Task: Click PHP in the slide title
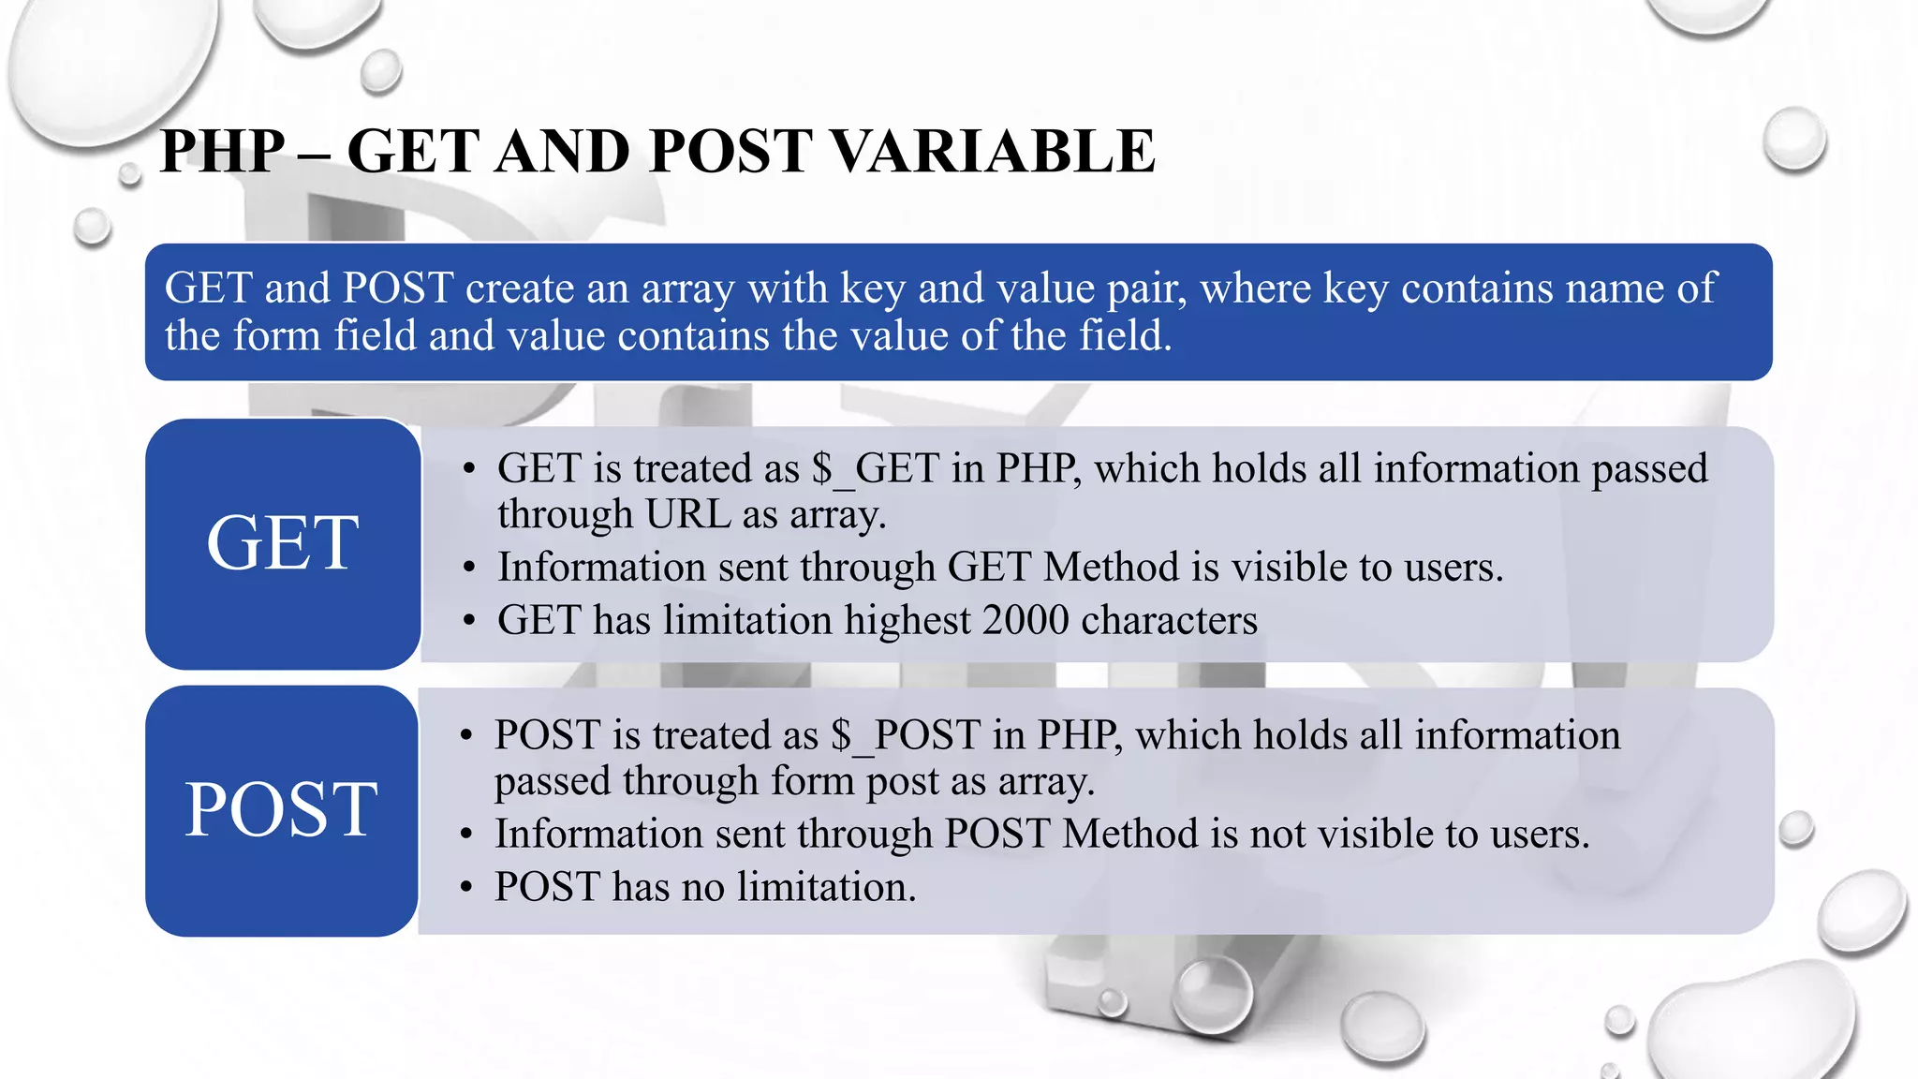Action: tap(222, 152)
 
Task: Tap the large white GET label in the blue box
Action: tap(282, 543)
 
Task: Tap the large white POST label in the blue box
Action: tap(281, 810)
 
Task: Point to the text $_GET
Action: tap(875, 468)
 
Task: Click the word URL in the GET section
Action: tap(687, 514)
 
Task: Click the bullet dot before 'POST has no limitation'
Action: tap(466, 888)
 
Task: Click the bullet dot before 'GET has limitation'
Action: tap(469, 621)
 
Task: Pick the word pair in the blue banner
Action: tap(1146, 288)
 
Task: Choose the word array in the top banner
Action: tap(687, 288)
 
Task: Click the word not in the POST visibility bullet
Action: tap(1280, 834)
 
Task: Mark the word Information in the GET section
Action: tap(601, 568)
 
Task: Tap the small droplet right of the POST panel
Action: tap(1795, 829)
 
